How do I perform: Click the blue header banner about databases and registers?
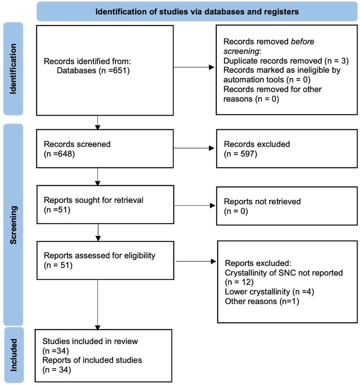(197, 12)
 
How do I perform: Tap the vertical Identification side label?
(13, 69)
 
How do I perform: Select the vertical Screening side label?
(13, 225)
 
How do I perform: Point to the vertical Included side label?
(14, 355)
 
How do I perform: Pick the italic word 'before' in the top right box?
(302, 41)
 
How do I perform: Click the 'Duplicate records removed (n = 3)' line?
(286, 61)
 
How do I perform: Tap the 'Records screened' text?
(77, 144)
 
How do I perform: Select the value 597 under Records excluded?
(247, 154)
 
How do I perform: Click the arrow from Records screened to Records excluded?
(194, 148)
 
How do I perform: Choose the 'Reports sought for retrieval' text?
(93, 200)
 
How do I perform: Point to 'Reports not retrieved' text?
(262, 201)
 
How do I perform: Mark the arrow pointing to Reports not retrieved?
(195, 206)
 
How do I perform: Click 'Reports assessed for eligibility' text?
(99, 255)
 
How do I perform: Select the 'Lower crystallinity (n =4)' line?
(270, 292)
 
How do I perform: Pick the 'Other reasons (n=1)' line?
(262, 301)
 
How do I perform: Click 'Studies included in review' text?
(90, 341)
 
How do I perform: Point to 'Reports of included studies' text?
(92, 360)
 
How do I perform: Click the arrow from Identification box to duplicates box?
(194, 67)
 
